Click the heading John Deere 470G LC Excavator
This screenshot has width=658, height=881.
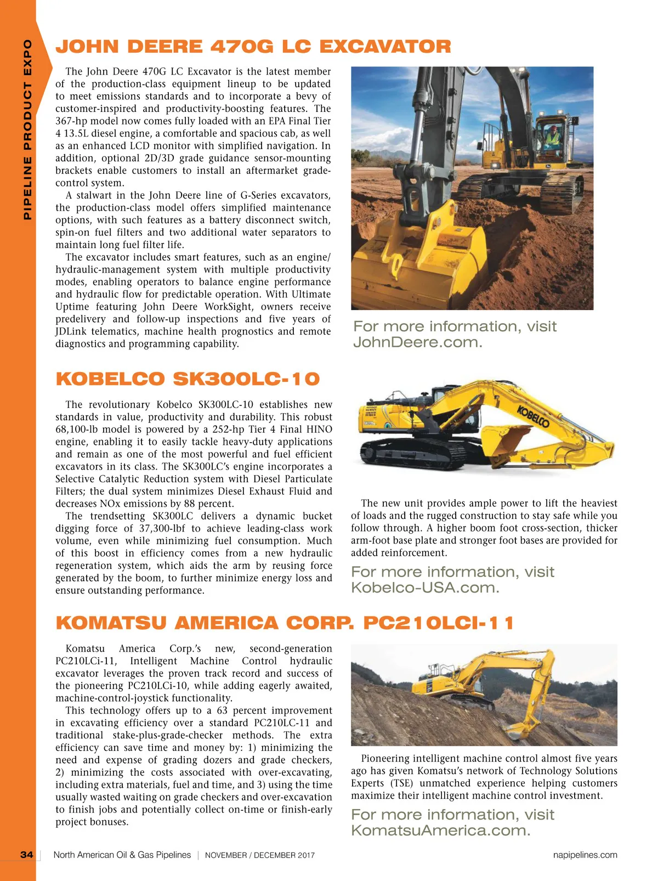[253, 47]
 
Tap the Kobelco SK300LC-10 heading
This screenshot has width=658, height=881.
[188, 379]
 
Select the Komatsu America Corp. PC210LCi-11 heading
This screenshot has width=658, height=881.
[285, 623]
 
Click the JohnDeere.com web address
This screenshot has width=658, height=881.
[417, 342]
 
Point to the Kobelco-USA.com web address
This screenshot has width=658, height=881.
[425, 588]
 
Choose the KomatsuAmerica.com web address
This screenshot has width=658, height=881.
[440, 830]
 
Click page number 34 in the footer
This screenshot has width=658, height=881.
[26, 855]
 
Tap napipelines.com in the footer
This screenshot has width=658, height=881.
[585, 855]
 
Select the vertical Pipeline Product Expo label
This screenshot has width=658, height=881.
[27, 129]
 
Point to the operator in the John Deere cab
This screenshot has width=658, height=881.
[554, 135]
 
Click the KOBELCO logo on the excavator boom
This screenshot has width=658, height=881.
[533, 417]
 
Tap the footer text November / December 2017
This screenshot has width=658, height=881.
[260, 855]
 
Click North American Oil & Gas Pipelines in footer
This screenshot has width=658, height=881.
[122, 855]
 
